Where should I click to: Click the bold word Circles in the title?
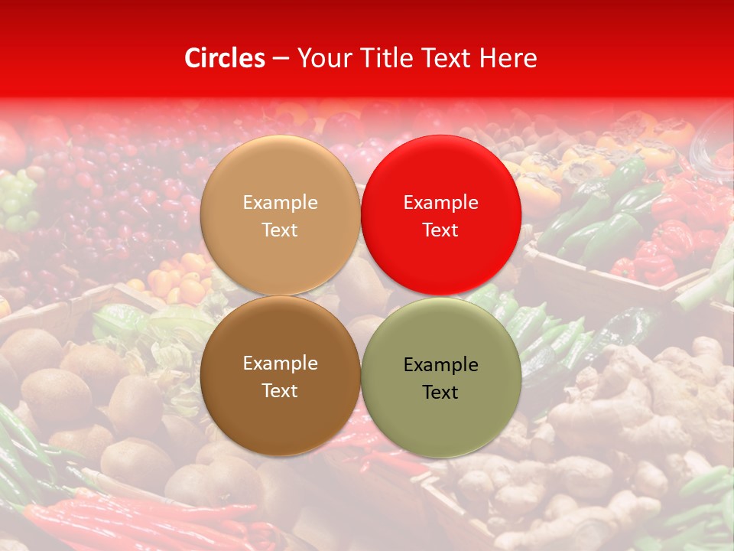point(225,58)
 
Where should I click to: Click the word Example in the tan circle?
point(280,202)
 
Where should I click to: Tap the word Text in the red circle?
point(440,230)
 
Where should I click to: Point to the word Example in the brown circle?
point(280,363)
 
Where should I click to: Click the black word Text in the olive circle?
point(440,392)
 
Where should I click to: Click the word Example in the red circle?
point(440,202)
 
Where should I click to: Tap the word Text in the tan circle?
point(280,230)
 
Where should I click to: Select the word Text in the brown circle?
point(280,390)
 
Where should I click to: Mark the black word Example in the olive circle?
point(440,364)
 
